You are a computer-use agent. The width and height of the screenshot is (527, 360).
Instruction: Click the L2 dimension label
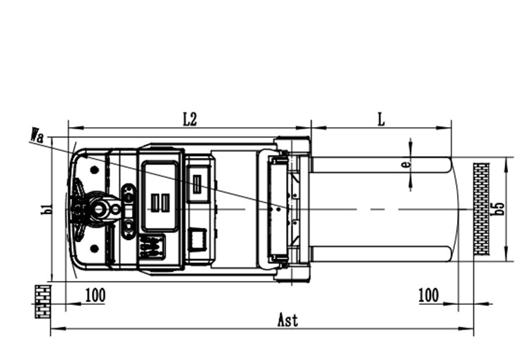[189, 119]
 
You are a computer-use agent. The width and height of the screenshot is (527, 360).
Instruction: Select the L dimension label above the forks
[381, 119]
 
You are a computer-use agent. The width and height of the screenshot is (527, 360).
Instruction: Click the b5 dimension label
[499, 209]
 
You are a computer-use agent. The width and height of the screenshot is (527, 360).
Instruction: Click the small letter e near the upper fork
[405, 164]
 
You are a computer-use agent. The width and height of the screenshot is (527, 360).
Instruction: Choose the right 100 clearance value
[428, 295]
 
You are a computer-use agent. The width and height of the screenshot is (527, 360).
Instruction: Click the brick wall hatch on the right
[481, 210]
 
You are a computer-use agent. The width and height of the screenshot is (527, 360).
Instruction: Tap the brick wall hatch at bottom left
[42, 301]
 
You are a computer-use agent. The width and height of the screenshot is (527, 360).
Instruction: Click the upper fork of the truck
[381, 164]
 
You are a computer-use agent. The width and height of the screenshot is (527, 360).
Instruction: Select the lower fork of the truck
[381, 253]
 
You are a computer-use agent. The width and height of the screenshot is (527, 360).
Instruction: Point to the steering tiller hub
[98, 209]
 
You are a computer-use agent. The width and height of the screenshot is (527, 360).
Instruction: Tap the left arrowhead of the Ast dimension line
[54, 328]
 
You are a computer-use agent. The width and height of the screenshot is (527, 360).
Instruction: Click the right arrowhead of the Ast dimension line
[470, 328]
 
